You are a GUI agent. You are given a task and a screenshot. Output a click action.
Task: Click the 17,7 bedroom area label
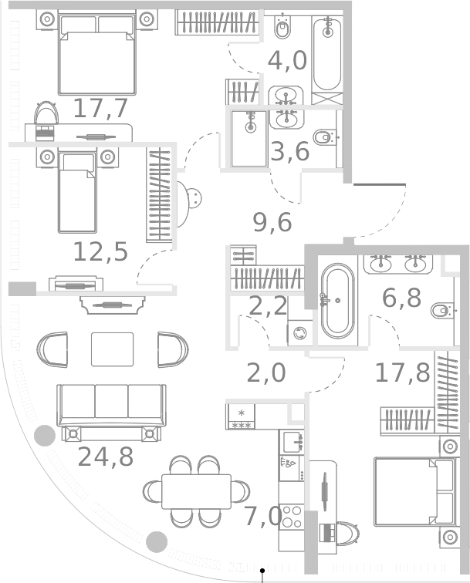point(100,109)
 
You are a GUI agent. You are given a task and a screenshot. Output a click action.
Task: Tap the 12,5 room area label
point(100,252)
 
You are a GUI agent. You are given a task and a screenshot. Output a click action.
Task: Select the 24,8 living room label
point(105,457)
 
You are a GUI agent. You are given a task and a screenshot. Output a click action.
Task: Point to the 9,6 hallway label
point(272,223)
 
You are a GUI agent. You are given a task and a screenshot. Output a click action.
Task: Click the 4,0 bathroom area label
point(287,61)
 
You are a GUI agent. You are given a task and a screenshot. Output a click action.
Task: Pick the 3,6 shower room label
point(290,151)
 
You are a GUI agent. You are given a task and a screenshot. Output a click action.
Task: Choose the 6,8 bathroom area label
point(401,298)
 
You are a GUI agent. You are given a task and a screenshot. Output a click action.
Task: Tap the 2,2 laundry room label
point(268,306)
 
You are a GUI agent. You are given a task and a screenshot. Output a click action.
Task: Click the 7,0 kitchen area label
point(262,517)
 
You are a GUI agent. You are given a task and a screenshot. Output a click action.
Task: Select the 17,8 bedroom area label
point(402,372)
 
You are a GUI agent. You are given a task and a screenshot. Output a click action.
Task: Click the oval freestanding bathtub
point(337,301)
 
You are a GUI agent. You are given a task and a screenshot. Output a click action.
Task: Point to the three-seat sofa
point(111,406)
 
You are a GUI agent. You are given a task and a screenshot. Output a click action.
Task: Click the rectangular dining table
point(196,491)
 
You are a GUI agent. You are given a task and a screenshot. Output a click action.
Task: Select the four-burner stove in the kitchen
point(292,517)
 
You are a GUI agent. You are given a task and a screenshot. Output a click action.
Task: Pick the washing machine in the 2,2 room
point(299,332)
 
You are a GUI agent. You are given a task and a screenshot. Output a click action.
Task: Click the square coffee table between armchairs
point(113,349)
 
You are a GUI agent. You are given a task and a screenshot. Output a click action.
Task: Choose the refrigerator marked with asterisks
point(240,416)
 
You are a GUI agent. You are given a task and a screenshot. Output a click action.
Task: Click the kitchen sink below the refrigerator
point(292,442)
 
